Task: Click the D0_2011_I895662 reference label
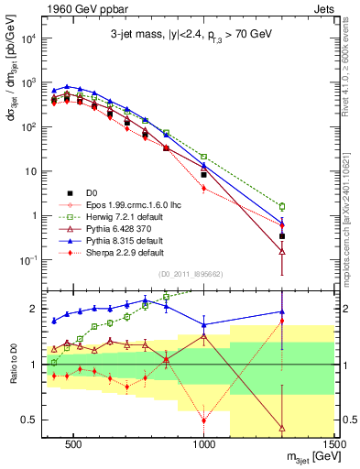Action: coord(190,273)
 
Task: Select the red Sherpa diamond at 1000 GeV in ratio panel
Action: coord(204,420)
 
